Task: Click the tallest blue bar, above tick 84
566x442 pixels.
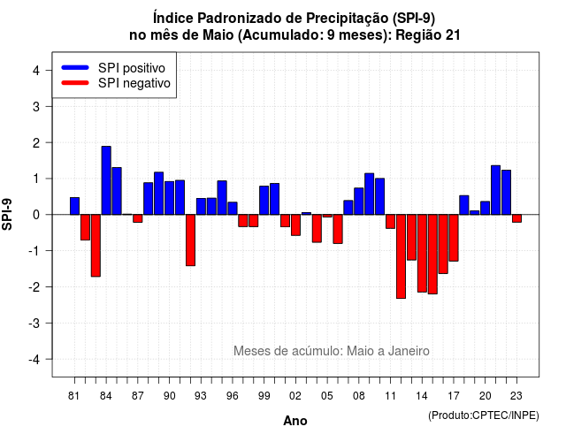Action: pos(106,180)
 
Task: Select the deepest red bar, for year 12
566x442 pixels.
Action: pos(401,256)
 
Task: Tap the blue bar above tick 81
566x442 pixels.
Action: pos(74,206)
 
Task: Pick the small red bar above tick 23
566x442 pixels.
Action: pos(516,218)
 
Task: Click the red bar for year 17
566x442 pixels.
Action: pos(454,238)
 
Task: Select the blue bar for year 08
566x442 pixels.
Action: pos(359,202)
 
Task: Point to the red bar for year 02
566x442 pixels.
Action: pos(295,225)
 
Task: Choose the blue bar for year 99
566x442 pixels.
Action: pos(264,201)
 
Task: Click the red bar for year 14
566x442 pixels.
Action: pos(422,254)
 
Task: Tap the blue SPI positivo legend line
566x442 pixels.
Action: pos(75,67)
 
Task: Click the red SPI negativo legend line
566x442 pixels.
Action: pos(75,83)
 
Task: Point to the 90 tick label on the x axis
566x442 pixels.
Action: pos(169,396)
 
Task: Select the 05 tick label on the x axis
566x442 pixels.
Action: pos(327,396)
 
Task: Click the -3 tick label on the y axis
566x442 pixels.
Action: pos(34,323)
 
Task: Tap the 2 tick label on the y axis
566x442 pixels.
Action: pos(36,143)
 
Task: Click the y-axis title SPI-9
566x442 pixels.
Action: pos(7,214)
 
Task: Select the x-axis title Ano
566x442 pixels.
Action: pos(295,421)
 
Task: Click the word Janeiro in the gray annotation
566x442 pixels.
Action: pos(409,351)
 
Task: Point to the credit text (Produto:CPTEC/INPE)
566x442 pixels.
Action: pos(484,415)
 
